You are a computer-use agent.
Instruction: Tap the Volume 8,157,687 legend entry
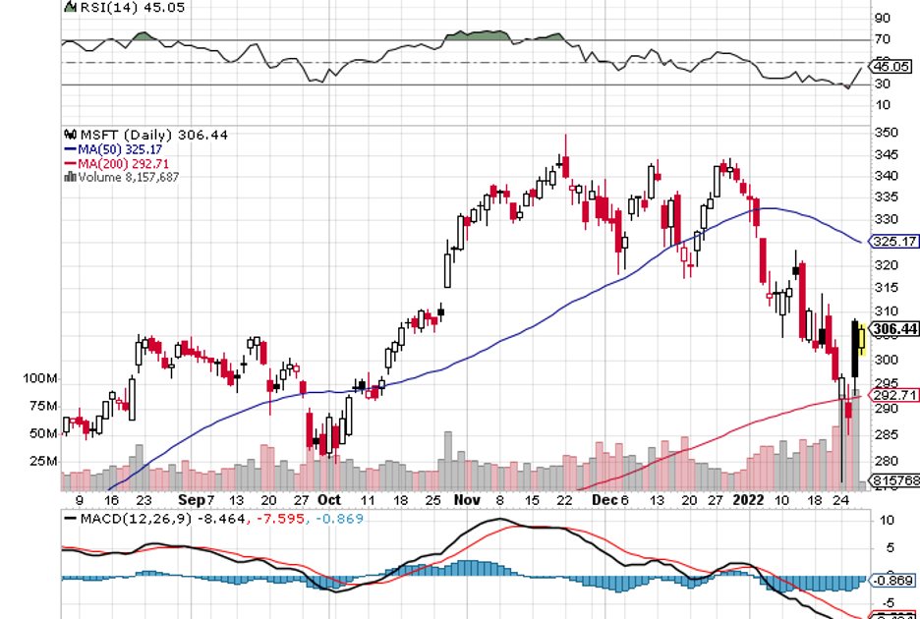(x=127, y=177)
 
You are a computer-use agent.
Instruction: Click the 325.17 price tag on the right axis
(x=894, y=241)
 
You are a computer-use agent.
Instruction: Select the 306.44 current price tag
(x=894, y=330)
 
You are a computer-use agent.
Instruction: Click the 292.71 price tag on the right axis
(x=894, y=395)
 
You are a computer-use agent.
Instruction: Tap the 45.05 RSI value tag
(x=892, y=67)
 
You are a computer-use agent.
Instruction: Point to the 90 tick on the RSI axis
(x=882, y=18)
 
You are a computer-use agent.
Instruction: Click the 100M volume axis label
(x=42, y=379)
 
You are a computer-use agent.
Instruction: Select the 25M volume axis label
(x=42, y=461)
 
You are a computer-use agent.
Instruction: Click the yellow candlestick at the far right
(x=862, y=340)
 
